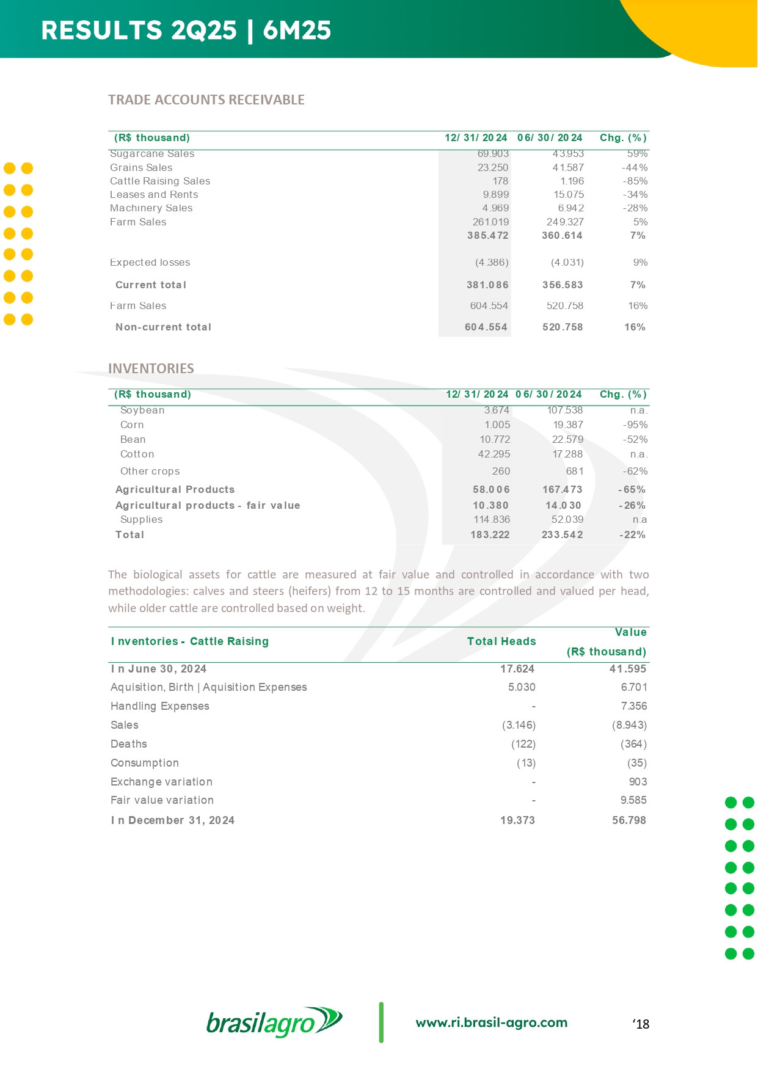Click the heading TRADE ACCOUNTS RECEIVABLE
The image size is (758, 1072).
click(206, 100)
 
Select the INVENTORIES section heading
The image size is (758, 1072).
click(151, 368)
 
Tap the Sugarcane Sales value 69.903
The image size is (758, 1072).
click(493, 154)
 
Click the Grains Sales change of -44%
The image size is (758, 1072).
click(635, 167)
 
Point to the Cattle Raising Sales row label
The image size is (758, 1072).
click(160, 181)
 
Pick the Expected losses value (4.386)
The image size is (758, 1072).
click(492, 262)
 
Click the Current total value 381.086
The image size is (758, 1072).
click(487, 285)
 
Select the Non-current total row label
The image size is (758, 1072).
click(163, 327)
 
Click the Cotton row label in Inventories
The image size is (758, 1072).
click(137, 454)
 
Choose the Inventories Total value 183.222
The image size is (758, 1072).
click(490, 534)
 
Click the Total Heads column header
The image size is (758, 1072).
click(501, 641)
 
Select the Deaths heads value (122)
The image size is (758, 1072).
click(523, 744)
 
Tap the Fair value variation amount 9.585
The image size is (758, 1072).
click(633, 800)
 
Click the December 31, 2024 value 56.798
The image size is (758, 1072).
click(629, 820)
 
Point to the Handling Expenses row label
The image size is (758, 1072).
click(160, 706)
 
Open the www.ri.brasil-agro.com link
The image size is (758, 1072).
click(492, 1023)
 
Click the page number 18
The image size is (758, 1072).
click(641, 1024)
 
